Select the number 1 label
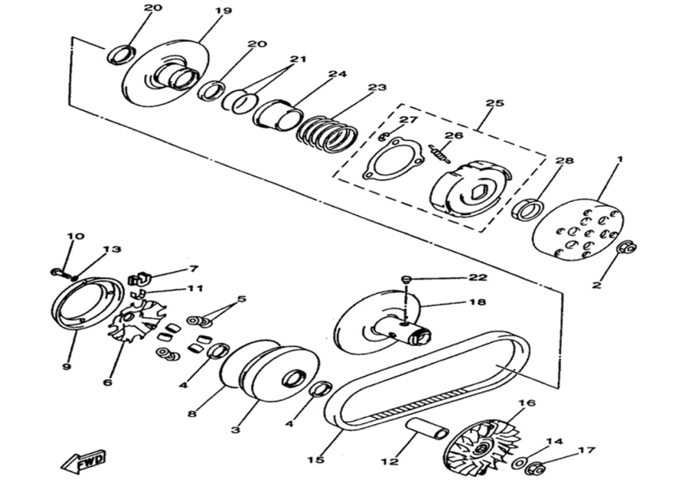click(x=620, y=160)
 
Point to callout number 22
click(x=478, y=278)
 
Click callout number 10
click(x=74, y=237)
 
